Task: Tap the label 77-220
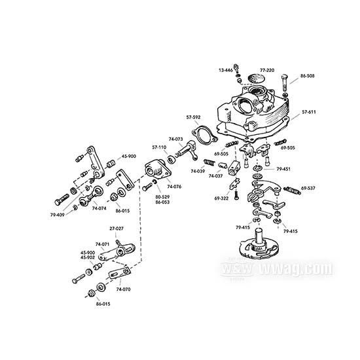(266, 69)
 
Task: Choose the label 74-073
(175, 139)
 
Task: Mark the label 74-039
(198, 171)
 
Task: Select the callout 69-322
(220, 197)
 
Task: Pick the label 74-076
(173, 187)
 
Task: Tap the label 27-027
(116, 228)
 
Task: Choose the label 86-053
(163, 202)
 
